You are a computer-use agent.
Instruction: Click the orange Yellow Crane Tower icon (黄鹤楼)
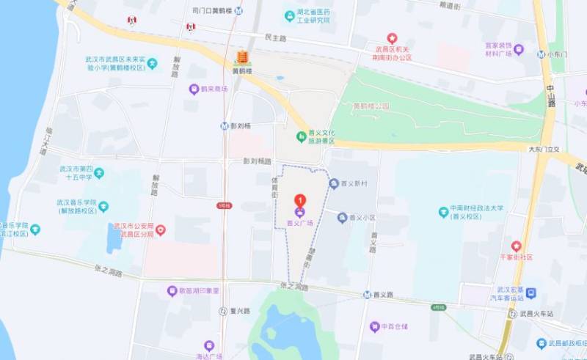click(241, 58)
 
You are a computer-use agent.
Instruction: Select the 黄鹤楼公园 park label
click(371, 106)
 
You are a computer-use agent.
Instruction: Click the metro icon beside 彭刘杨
click(224, 125)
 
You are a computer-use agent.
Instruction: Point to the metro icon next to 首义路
click(367, 295)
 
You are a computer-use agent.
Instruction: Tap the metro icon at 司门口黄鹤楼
click(238, 11)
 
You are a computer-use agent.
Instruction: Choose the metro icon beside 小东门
click(540, 54)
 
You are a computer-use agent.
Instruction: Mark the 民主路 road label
click(274, 37)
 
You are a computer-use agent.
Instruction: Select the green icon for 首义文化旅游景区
click(301, 136)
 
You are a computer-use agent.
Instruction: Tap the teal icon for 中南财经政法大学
click(443, 212)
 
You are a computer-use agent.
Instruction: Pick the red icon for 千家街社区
click(517, 246)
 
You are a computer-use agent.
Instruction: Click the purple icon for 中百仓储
click(374, 327)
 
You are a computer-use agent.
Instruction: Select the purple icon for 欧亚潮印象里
click(172, 291)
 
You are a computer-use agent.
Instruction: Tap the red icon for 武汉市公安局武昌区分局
click(160, 230)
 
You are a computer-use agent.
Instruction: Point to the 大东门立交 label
click(545, 149)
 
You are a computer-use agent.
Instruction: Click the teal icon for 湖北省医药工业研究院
click(290, 15)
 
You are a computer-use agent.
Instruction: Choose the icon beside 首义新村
click(334, 184)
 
